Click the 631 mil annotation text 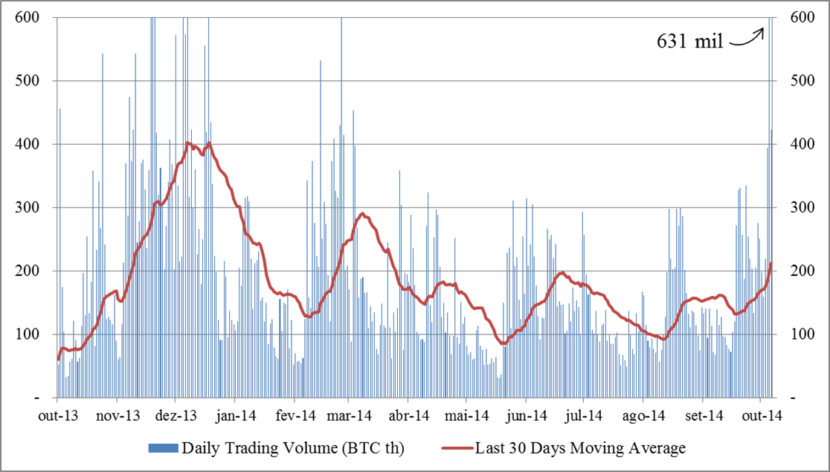pos(689,42)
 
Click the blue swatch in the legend pos(163,447)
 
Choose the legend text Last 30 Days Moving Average pos(582,447)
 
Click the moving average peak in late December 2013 pos(210,143)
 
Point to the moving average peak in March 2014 pos(362,214)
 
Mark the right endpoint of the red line pos(771,263)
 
